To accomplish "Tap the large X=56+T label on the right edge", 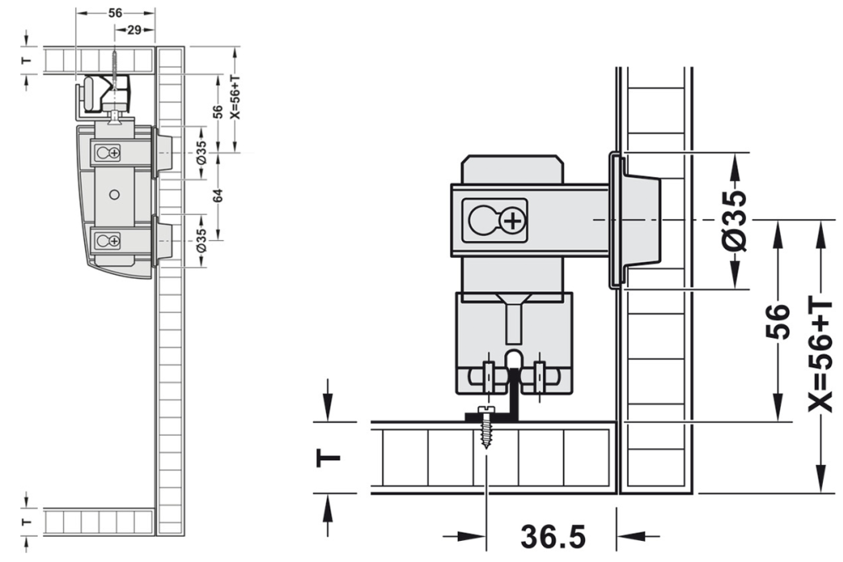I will point(819,355).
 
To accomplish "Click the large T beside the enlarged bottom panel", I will point(330,458).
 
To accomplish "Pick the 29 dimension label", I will point(133,29).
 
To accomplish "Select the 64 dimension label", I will point(217,195).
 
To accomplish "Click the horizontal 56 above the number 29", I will point(115,13).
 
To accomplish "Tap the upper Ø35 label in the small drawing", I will point(201,153).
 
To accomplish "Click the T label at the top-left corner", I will point(26,60).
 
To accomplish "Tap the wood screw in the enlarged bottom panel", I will point(486,427).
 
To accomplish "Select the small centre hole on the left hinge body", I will point(115,194).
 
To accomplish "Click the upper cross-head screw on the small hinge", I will point(112,153).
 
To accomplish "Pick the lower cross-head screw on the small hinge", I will point(112,242).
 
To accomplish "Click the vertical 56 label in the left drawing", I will point(217,111).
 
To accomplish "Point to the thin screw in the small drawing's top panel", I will point(113,62).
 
